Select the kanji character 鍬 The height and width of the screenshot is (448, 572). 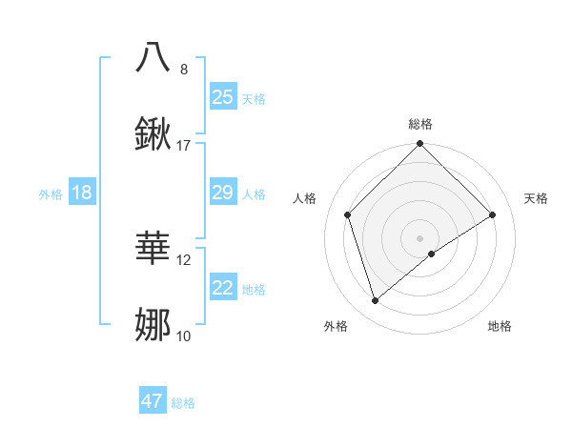point(153,134)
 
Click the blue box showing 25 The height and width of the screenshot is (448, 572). point(223,96)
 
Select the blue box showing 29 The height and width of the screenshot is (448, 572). point(223,193)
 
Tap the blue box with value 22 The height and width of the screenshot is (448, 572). point(223,288)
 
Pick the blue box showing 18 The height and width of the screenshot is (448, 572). point(82,193)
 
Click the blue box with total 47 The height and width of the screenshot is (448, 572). point(153,401)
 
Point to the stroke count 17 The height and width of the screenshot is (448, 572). point(184,146)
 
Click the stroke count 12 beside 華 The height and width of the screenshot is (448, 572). point(184,259)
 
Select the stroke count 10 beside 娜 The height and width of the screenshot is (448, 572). point(184,336)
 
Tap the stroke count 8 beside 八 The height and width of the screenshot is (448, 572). point(184,69)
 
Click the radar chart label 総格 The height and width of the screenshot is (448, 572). point(420,124)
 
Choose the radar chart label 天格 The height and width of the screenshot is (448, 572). point(537,198)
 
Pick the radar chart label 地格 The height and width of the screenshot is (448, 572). point(500,326)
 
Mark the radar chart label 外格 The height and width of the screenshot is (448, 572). point(336,326)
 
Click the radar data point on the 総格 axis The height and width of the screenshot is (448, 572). point(420,145)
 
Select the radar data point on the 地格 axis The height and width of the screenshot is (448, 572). point(433,254)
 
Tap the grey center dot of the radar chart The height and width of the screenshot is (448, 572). point(420,237)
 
